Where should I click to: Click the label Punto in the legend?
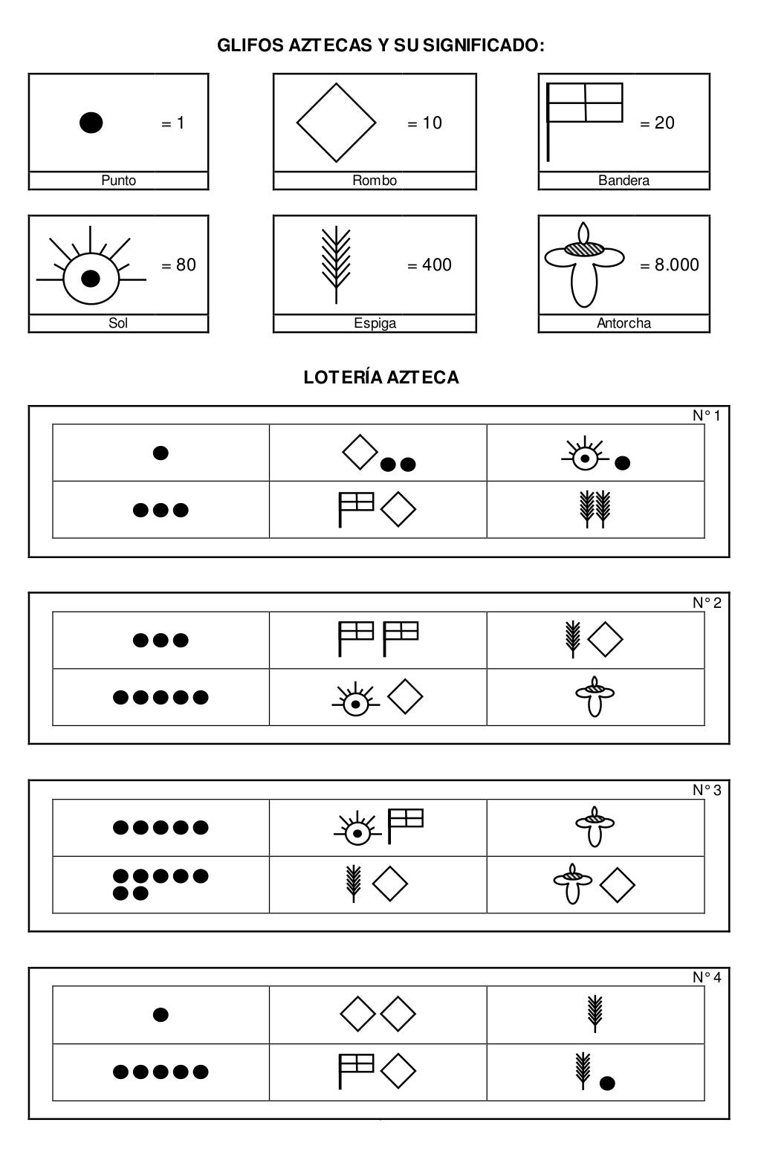pos(118,181)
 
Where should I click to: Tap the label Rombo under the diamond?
pos(375,181)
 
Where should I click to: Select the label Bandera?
pos(624,181)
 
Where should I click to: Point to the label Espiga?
pos(375,323)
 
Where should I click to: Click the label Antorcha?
pos(624,323)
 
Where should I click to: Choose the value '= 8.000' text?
pos(669,265)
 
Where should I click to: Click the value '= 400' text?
pos(430,265)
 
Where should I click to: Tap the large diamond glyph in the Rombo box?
pos(336,123)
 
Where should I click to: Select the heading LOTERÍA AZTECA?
pos(381,378)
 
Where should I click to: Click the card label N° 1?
pos(706,416)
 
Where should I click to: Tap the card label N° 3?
pos(706,791)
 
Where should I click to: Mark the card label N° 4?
pos(706,978)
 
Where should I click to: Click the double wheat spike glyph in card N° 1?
pos(595,510)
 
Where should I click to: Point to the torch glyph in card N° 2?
pos(595,696)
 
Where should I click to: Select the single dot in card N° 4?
pos(160,1014)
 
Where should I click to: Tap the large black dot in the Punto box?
pos(91,123)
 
